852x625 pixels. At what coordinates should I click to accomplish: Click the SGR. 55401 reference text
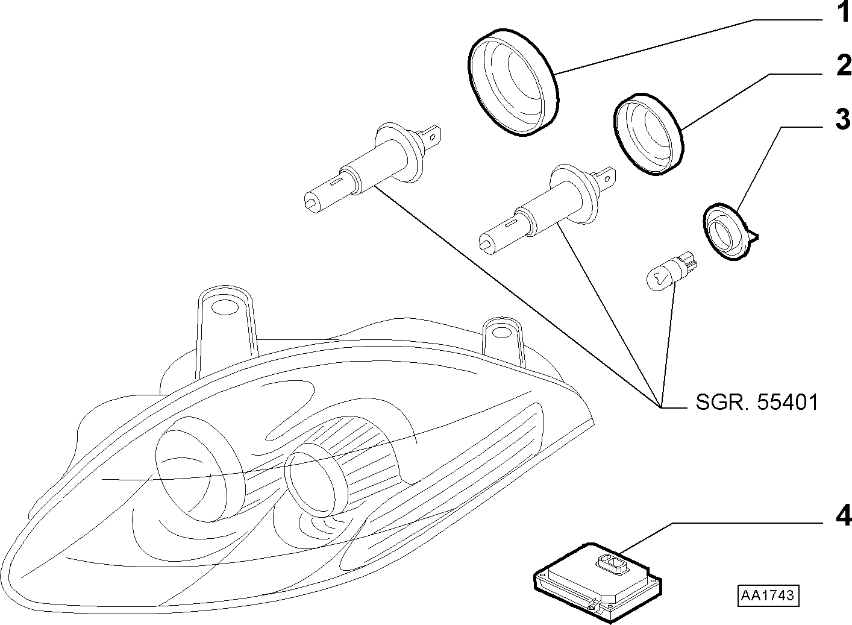pyautogui.click(x=757, y=402)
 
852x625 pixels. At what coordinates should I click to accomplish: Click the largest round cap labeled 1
pyautogui.click(x=513, y=82)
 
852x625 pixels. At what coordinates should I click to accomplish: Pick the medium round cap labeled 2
pyautogui.click(x=648, y=134)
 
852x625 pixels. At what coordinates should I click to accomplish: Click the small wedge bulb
pyautogui.click(x=671, y=273)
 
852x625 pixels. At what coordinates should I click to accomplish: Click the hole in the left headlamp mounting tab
pyautogui.click(x=224, y=307)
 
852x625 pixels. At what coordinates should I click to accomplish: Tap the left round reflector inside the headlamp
pyautogui.click(x=195, y=476)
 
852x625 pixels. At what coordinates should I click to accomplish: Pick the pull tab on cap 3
pyautogui.click(x=752, y=237)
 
